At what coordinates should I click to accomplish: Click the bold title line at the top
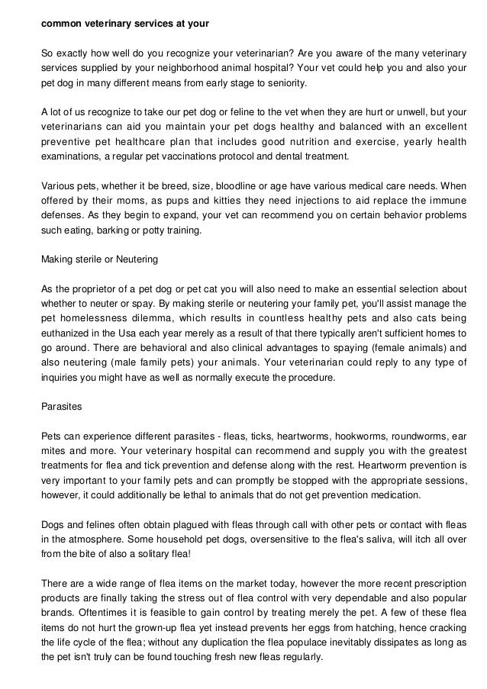coord(124,23)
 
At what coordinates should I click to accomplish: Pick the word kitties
coord(224,200)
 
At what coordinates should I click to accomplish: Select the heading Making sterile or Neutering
coord(99,259)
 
